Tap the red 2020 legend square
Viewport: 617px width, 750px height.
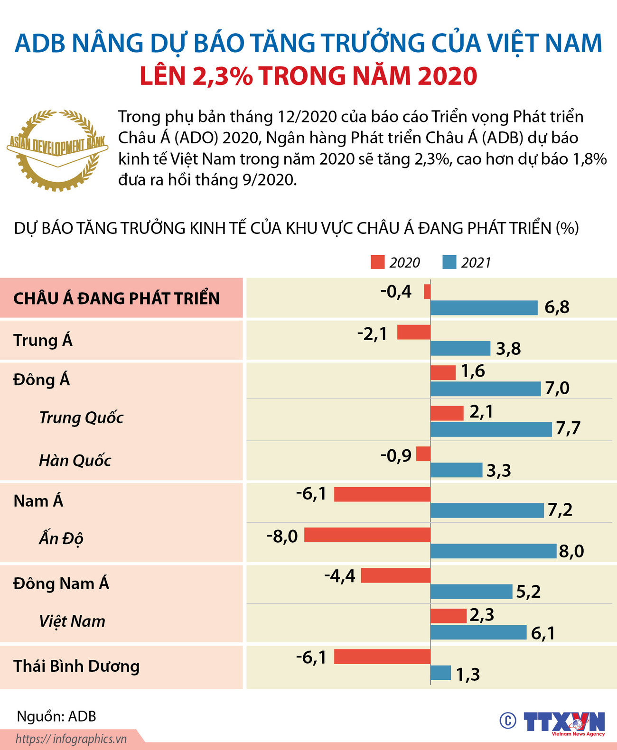(377, 262)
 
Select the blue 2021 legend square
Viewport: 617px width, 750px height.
(449, 262)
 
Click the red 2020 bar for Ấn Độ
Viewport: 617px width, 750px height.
(367, 535)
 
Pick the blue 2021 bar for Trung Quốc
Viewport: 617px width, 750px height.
(491, 429)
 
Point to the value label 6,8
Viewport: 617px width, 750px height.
(557, 307)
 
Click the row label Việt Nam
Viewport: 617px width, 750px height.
(72, 621)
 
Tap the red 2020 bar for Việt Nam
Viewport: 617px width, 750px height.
(448, 616)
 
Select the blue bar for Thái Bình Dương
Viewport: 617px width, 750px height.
(440, 673)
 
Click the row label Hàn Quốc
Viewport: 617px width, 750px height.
(75, 460)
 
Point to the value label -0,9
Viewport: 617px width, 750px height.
(396, 456)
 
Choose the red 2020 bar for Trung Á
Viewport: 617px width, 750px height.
(413, 332)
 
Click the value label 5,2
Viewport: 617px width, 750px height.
(528, 592)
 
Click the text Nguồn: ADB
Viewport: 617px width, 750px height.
(56, 716)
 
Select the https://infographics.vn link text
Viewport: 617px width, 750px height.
(71, 739)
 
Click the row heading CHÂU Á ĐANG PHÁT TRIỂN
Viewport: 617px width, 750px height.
(116, 298)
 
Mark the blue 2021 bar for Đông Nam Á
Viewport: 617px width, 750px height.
(471, 592)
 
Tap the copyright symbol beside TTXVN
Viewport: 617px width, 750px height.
(507, 721)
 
